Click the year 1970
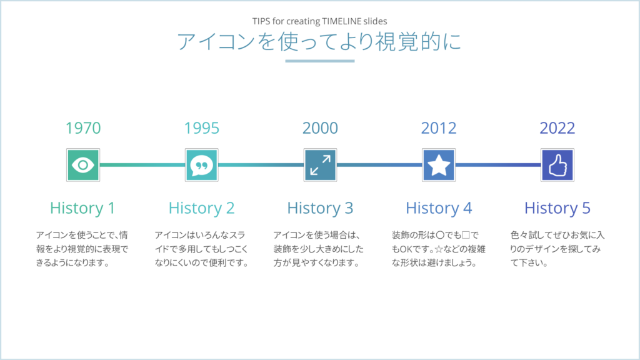(x=83, y=128)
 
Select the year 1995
(x=202, y=128)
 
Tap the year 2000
(x=320, y=128)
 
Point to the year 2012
(x=439, y=128)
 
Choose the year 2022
(x=557, y=128)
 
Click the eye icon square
(x=83, y=165)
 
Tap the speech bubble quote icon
(x=202, y=165)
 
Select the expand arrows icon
(x=320, y=165)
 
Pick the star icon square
(x=439, y=165)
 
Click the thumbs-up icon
(x=557, y=165)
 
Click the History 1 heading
(x=82, y=208)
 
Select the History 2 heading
(x=201, y=208)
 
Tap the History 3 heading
(x=320, y=208)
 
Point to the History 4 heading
(x=439, y=208)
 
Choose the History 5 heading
(x=557, y=208)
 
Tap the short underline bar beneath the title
(x=320, y=61)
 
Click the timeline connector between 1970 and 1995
(x=142, y=165)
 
